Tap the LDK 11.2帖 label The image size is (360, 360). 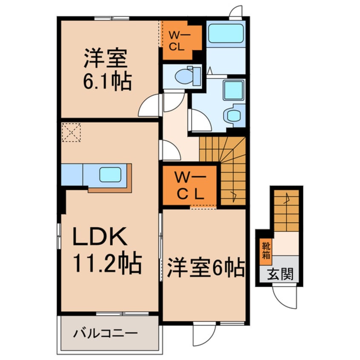pyautogui.click(x=107, y=250)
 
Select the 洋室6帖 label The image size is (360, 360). pyautogui.click(x=206, y=268)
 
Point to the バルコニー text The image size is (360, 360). pyautogui.click(x=106, y=333)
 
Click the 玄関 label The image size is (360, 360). pyautogui.click(x=280, y=274)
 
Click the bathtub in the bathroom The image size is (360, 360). pyautogui.click(x=226, y=33)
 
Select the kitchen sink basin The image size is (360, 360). pyautogui.click(x=110, y=175)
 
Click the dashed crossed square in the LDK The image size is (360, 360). pyautogui.click(x=71, y=132)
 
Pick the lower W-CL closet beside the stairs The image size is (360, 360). pyautogui.click(x=190, y=185)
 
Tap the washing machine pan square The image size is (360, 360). pyautogui.click(x=234, y=90)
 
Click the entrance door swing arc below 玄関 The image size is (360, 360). pyautogui.click(x=285, y=297)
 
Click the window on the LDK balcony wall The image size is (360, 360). pyautogui.click(x=123, y=313)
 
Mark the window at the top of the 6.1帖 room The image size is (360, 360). pyautogui.click(x=112, y=18)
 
